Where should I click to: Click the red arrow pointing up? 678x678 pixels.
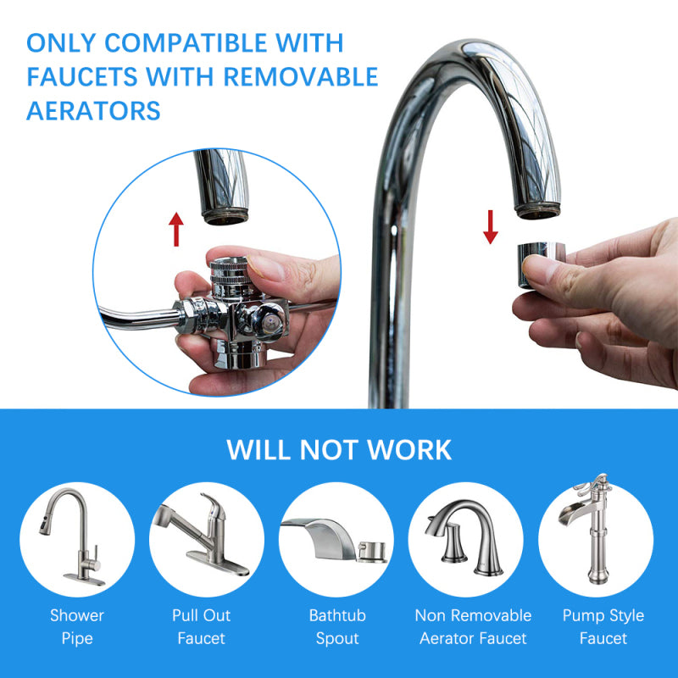tap(175, 229)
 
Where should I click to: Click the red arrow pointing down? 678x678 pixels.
tap(491, 226)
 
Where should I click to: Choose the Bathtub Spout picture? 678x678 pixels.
tap(336, 539)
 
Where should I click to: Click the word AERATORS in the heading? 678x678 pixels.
tap(93, 110)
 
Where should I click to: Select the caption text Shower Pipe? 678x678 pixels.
tap(77, 626)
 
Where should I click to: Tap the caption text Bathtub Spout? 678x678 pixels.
tap(337, 626)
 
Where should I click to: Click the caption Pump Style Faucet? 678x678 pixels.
tap(603, 626)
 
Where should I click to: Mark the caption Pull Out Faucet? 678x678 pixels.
tap(202, 626)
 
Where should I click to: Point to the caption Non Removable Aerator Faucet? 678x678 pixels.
tap(473, 626)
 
